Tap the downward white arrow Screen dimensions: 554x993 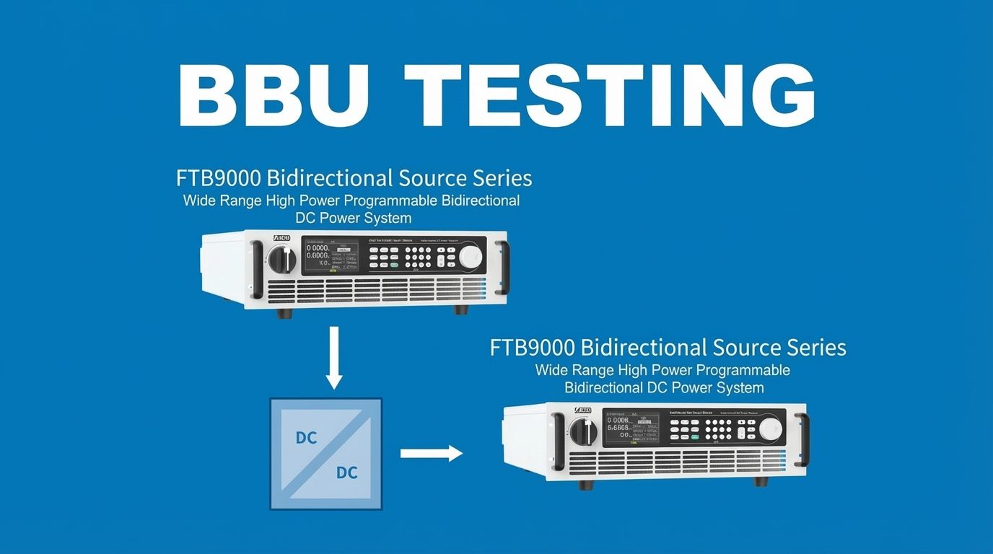pyautogui.click(x=333, y=358)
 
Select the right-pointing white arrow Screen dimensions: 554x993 pyautogui.click(x=431, y=453)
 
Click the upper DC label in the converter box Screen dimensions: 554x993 pyautogui.click(x=306, y=438)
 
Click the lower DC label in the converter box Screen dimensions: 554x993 pyautogui.click(x=346, y=473)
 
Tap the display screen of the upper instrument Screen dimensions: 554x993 pyautogui.click(x=330, y=255)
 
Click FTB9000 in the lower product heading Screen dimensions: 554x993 pyautogui.click(x=533, y=348)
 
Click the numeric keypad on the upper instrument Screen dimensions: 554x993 pyautogui.click(x=419, y=257)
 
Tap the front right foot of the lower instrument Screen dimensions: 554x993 pyautogui.click(x=761, y=480)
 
